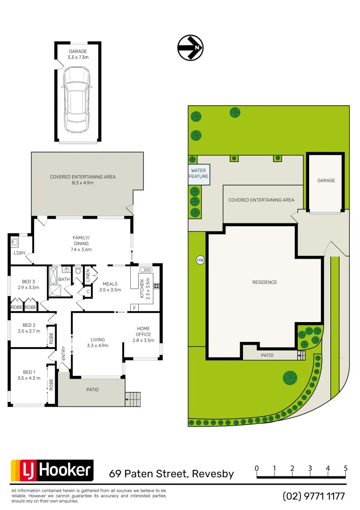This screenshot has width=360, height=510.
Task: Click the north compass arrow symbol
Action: (x=190, y=48)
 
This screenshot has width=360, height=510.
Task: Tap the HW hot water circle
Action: (x=200, y=260)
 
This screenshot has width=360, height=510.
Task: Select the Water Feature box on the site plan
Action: (x=199, y=173)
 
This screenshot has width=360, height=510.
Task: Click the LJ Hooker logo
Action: (x=52, y=470)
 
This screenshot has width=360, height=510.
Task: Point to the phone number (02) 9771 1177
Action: (x=314, y=496)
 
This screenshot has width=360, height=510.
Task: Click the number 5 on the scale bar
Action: (x=346, y=468)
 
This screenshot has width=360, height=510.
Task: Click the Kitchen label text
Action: (x=142, y=288)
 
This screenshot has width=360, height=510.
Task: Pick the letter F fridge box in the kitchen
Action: (x=135, y=308)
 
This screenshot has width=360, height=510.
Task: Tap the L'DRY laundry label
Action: (x=19, y=254)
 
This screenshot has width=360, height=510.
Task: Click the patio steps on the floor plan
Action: (x=133, y=399)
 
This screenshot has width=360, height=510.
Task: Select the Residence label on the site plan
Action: (x=265, y=282)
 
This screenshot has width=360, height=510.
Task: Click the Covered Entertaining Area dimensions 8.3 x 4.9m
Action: (x=83, y=183)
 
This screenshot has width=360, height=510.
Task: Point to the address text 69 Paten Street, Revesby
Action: (x=171, y=474)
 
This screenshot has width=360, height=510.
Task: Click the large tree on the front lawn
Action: (x=290, y=377)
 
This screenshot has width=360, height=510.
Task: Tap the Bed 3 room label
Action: (x=29, y=284)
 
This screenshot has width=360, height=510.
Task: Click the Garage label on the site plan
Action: (x=326, y=180)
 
